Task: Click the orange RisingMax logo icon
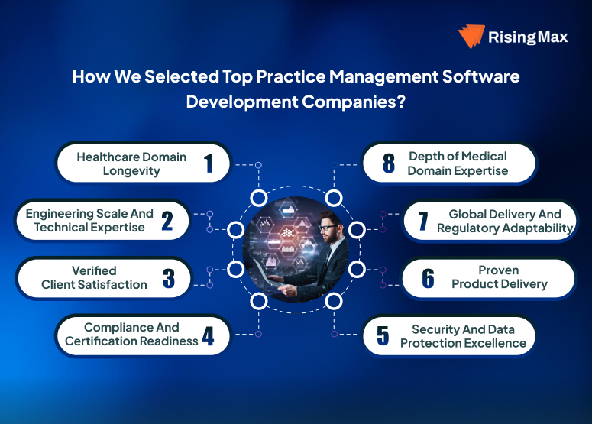point(472,37)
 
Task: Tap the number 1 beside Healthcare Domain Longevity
point(208,163)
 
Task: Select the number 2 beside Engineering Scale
point(167,220)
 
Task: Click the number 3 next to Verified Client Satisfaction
point(169,277)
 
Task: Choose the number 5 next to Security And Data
point(383,336)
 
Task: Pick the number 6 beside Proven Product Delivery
point(428,277)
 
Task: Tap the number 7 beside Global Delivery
point(423,221)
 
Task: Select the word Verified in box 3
point(94,270)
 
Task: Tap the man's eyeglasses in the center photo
point(328,227)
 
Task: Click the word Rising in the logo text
point(513,37)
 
